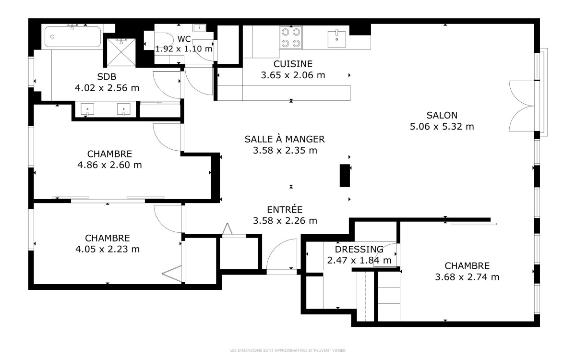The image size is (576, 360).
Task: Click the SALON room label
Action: click(442, 115)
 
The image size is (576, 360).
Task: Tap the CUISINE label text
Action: click(293, 64)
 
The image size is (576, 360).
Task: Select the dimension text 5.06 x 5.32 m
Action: click(442, 127)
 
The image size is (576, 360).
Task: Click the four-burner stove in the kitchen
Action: click(291, 37)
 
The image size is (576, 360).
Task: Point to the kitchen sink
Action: click(336, 39)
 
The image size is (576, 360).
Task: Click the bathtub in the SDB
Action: click(72, 37)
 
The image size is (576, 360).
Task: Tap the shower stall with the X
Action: click(121, 52)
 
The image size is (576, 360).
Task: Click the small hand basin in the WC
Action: click(199, 28)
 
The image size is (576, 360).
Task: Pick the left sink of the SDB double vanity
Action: click(87, 109)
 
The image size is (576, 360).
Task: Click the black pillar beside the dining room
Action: click(345, 175)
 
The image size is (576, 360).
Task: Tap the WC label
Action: click(184, 39)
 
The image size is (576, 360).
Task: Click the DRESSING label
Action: click(359, 249)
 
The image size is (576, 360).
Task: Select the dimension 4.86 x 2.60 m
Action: click(109, 165)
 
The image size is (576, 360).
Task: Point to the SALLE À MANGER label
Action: click(285, 139)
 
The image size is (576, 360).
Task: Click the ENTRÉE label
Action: click(285, 210)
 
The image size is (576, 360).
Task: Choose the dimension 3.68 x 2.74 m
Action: click(467, 277)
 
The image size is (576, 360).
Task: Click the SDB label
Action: click(107, 77)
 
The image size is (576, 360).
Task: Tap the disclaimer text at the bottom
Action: click(288, 350)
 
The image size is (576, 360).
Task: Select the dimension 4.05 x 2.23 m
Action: click(108, 249)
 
